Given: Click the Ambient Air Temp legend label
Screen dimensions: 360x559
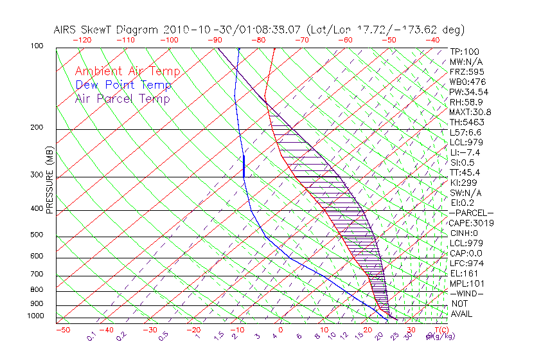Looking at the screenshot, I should click(127, 71).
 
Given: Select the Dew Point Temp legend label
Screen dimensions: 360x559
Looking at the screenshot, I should click(123, 85).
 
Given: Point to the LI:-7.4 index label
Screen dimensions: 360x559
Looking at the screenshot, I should click(465, 152).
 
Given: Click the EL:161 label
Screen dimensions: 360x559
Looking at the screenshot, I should click(463, 274).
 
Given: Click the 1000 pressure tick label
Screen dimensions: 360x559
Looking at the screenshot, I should click(36, 316).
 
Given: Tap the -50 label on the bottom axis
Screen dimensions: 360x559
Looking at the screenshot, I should click(62, 330).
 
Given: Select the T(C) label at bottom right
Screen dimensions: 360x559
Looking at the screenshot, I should click(439, 330).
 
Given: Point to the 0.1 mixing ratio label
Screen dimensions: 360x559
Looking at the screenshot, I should click(91, 336).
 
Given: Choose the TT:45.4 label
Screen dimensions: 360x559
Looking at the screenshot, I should click(465, 172).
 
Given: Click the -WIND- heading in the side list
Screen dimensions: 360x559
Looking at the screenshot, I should click(467, 294).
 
